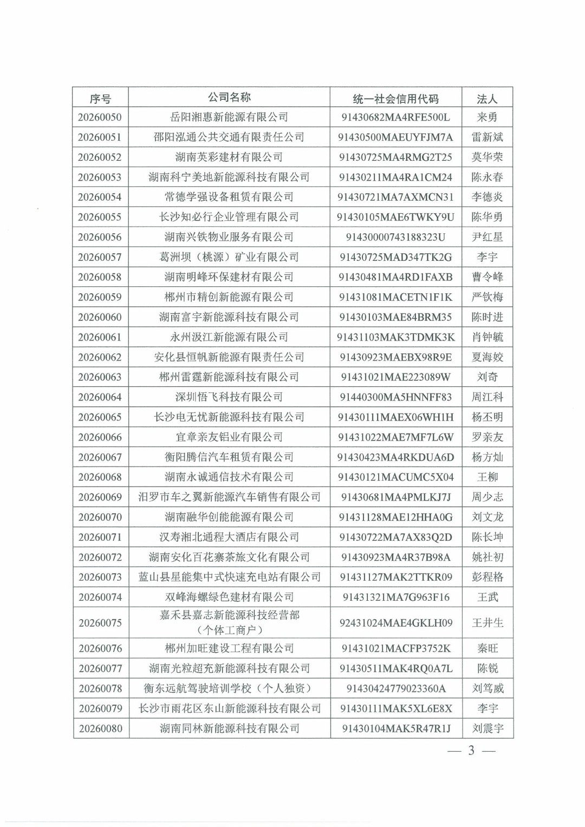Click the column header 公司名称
(x=229, y=97)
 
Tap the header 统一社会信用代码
(x=395, y=99)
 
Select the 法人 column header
(x=487, y=99)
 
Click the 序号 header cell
(x=100, y=99)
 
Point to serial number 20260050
(x=100, y=117)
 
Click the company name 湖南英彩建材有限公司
(x=229, y=157)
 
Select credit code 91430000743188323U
(x=395, y=237)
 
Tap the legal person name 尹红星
(x=487, y=237)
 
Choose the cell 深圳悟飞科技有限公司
(x=229, y=397)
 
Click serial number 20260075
(x=100, y=622)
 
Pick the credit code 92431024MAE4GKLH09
(x=395, y=622)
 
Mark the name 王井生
(x=487, y=622)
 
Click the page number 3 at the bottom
(x=471, y=751)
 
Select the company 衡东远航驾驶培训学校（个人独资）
(x=229, y=688)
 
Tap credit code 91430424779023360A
(x=396, y=688)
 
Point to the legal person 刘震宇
(x=487, y=728)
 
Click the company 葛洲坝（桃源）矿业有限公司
(x=229, y=257)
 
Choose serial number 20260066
(x=100, y=437)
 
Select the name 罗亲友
(x=487, y=437)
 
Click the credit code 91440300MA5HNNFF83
(x=395, y=397)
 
